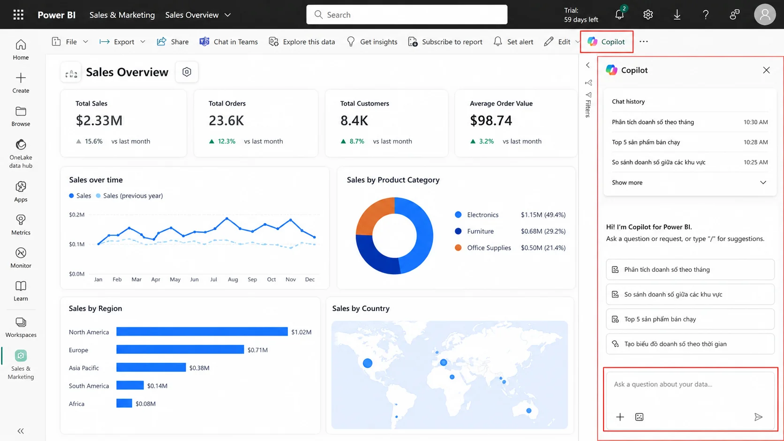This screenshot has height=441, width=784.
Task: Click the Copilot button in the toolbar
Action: click(x=607, y=42)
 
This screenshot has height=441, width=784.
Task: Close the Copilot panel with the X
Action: click(x=766, y=70)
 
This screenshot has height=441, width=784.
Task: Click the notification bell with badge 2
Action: click(x=619, y=14)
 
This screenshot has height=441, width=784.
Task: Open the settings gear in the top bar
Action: click(x=648, y=15)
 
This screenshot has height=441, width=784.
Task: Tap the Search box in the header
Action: click(x=407, y=15)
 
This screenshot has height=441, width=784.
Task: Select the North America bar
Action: click(x=202, y=331)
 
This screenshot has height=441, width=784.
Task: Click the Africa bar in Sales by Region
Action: click(x=124, y=403)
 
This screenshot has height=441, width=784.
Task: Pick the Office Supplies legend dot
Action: click(x=458, y=247)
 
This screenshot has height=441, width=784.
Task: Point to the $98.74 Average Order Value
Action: click(x=490, y=120)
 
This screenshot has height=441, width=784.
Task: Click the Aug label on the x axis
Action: click(x=233, y=279)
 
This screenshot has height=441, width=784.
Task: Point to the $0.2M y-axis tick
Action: click(x=76, y=214)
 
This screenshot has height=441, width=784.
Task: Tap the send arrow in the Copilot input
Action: click(x=758, y=417)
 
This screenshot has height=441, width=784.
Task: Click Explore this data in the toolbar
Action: click(x=302, y=42)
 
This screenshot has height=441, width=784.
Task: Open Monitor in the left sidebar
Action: click(x=21, y=258)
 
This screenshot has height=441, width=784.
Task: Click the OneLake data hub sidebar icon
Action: click(x=21, y=145)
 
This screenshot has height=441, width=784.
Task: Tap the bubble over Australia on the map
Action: click(x=528, y=411)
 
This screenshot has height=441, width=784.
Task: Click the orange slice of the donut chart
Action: click(x=373, y=214)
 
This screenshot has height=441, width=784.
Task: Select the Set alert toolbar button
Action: click(x=513, y=42)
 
